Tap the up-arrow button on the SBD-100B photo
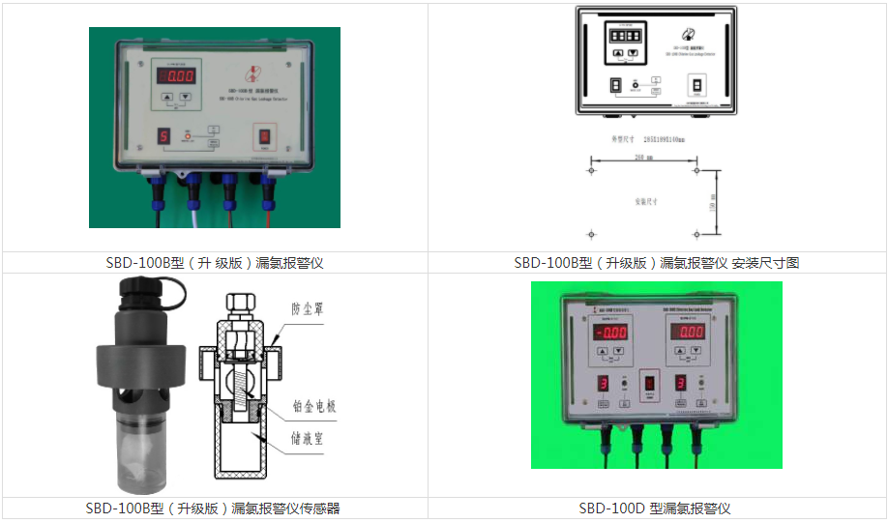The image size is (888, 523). tap(168, 97)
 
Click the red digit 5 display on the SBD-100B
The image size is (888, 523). tap(163, 136)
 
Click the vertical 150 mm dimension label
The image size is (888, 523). tap(713, 202)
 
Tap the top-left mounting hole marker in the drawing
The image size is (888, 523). tap(591, 171)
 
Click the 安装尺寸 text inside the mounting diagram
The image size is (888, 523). tap(646, 202)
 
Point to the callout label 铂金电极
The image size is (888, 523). tap(313, 407)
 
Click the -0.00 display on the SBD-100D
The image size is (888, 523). tap(609, 333)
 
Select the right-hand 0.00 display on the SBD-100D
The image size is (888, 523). tap(691, 332)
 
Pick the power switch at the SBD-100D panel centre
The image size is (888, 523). tap(650, 384)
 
